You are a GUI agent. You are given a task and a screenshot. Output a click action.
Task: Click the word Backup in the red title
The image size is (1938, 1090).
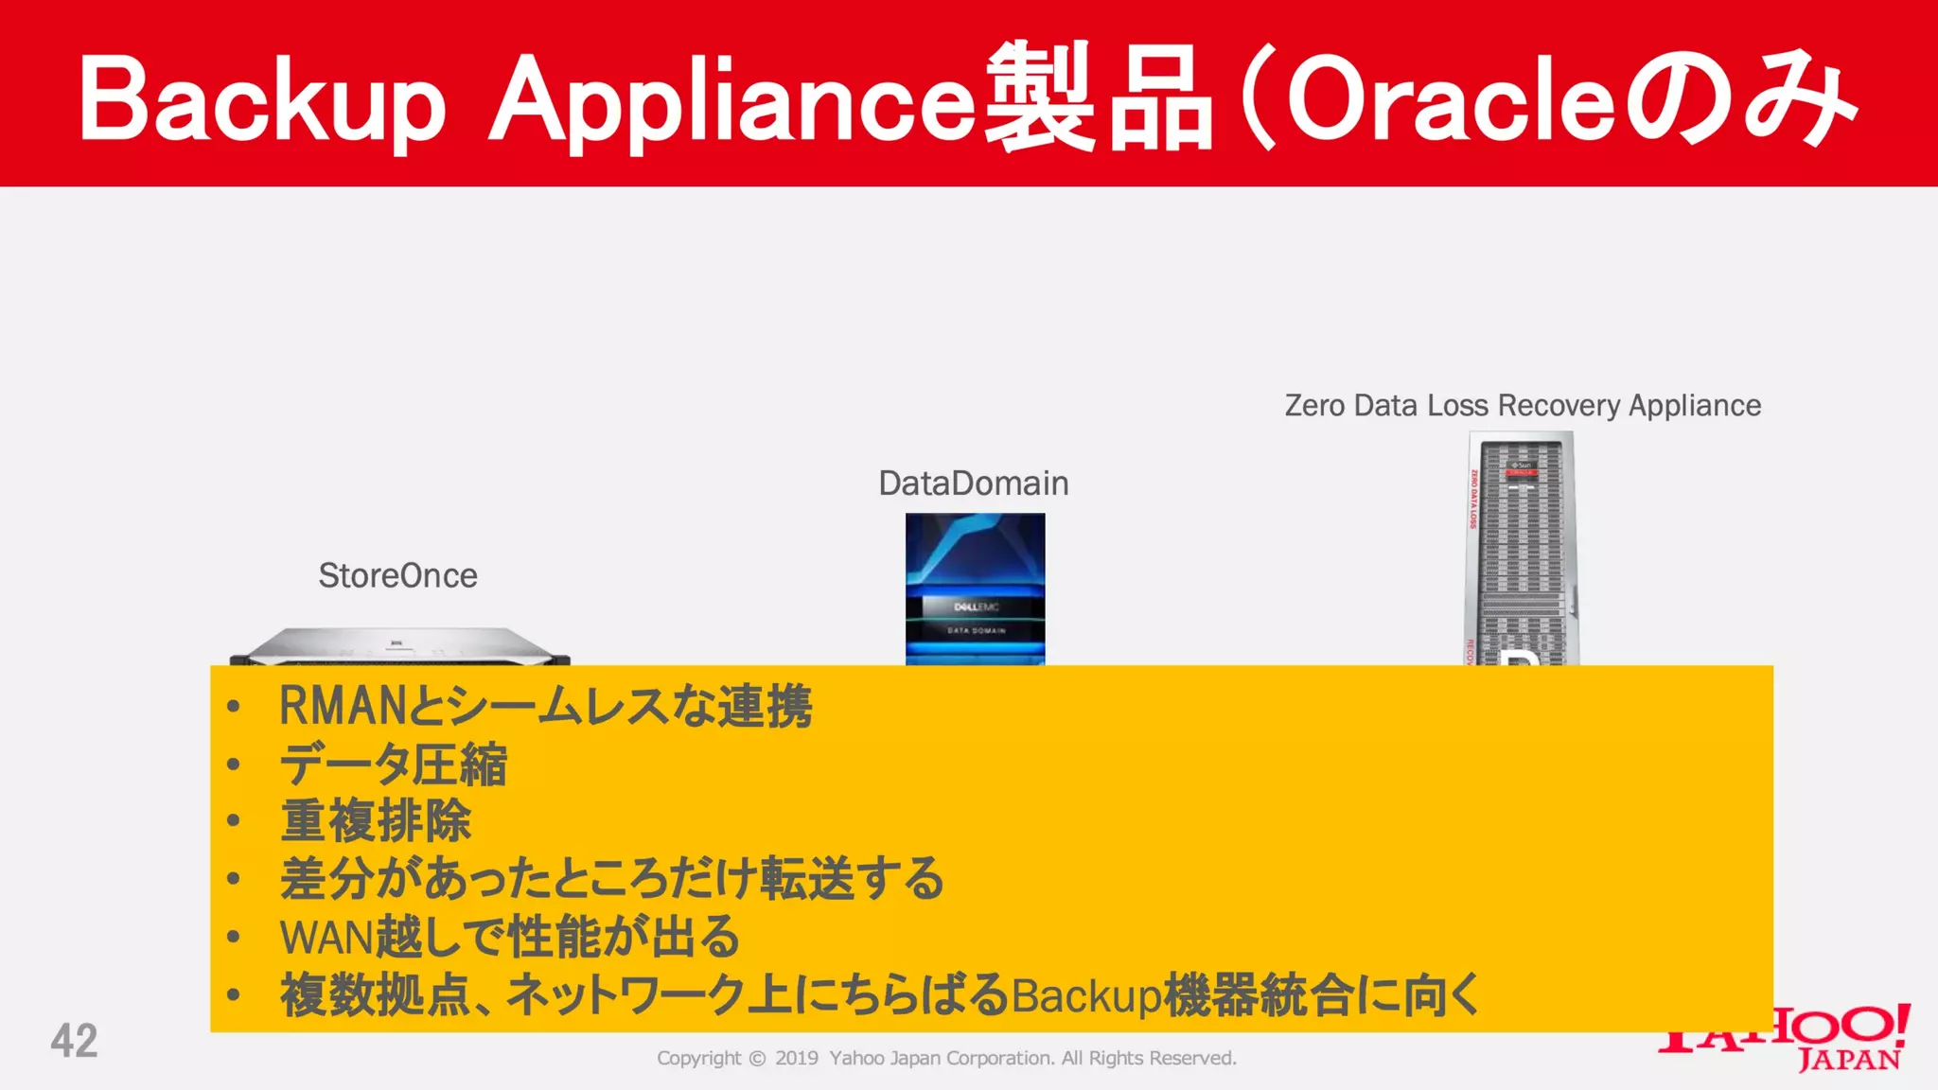261,100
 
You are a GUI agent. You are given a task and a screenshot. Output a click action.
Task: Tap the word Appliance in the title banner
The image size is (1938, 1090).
731,100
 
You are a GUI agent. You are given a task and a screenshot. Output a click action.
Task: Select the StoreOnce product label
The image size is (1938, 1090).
397,575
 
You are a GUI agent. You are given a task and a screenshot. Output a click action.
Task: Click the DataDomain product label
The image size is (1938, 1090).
973,483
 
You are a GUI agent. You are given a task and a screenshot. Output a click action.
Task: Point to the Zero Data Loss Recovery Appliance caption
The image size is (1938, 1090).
1523,405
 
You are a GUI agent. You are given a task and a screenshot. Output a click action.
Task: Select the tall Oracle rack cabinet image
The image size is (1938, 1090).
1521,549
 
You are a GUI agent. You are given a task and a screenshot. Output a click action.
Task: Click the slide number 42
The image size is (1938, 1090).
74,1041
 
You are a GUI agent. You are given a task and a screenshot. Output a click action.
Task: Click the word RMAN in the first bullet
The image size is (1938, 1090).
342,706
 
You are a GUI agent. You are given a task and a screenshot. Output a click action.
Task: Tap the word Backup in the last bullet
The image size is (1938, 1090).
1085,995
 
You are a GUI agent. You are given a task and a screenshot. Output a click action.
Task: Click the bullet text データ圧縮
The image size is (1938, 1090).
394,765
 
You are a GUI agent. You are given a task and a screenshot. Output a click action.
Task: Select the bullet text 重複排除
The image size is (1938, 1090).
376,821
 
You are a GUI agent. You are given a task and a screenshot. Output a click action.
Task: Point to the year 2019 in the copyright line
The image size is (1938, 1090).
797,1058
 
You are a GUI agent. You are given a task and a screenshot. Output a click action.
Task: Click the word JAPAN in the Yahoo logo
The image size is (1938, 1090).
1849,1059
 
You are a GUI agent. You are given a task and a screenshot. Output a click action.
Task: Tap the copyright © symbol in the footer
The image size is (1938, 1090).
757,1058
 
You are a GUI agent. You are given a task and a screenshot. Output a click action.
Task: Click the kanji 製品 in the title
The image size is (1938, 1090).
1098,98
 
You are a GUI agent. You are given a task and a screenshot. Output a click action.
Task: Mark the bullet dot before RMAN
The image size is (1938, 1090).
233,706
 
